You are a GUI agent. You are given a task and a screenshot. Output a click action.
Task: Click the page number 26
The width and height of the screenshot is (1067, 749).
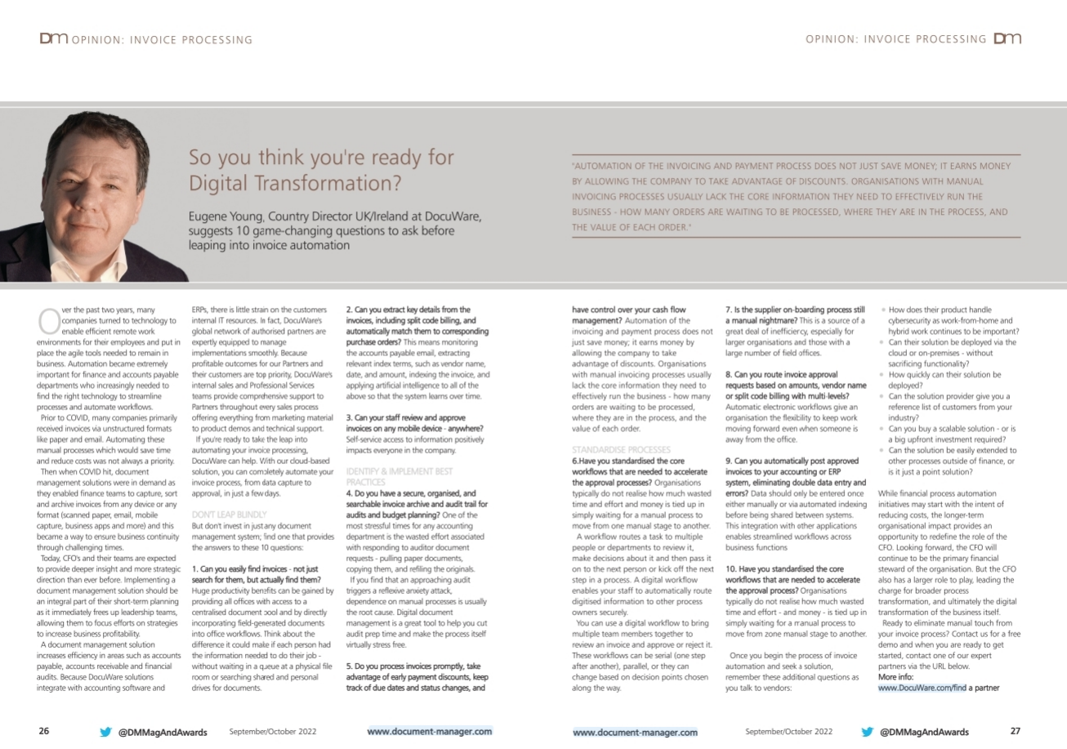(x=45, y=731)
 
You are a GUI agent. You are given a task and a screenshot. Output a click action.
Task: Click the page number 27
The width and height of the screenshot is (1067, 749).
(x=1016, y=731)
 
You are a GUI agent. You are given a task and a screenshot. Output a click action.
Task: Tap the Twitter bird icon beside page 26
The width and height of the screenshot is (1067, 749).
(x=105, y=732)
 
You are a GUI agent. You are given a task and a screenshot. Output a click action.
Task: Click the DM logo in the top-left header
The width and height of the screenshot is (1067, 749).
(x=54, y=38)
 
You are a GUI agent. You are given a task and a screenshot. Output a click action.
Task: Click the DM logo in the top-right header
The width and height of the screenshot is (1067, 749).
(x=1007, y=38)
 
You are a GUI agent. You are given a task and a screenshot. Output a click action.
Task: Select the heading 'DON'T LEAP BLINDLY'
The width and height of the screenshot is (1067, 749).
(x=217, y=515)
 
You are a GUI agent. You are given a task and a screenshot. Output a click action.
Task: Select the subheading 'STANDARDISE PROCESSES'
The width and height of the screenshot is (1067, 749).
(x=621, y=450)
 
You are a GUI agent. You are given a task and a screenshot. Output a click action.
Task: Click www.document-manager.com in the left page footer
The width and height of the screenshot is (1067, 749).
(x=430, y=732)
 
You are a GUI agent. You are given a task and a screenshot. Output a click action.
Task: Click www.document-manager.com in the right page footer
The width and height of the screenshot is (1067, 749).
(x=636, y=733)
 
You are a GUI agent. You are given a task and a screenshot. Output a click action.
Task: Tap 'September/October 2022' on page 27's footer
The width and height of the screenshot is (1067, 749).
(x=788, y=732)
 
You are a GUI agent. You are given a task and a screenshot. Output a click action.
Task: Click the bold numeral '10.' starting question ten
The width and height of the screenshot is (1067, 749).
(x=732, y=567)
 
